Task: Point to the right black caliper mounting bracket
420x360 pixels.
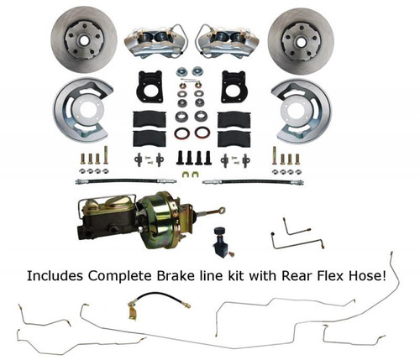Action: (x=232, y=87)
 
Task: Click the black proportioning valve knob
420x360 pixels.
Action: (x=246, y=227)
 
